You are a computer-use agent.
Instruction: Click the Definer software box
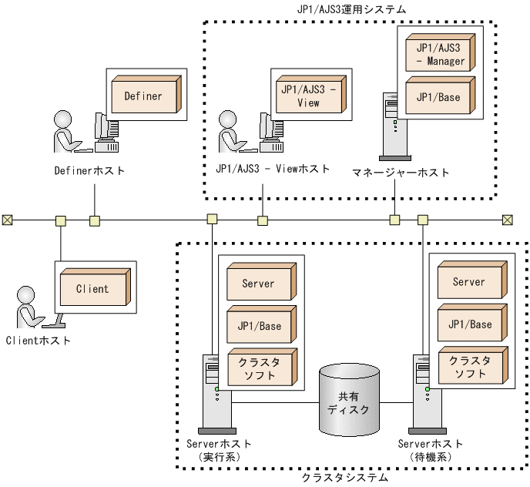tap(145, 96)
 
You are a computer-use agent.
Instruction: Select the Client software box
tap(92, 289)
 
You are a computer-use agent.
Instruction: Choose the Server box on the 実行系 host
tap(257, 284)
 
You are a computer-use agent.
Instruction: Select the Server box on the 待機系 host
tap(469, 283)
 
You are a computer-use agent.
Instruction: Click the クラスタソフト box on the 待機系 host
tap(469, 367)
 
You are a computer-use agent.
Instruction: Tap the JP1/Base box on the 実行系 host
tap(257, 325)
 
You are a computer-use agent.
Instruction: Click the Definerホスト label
tap(89, 170)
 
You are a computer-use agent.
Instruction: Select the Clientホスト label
tap(38, 340)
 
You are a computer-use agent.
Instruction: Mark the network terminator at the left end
tap(7, 220)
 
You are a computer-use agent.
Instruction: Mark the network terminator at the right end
tap(507, 220)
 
